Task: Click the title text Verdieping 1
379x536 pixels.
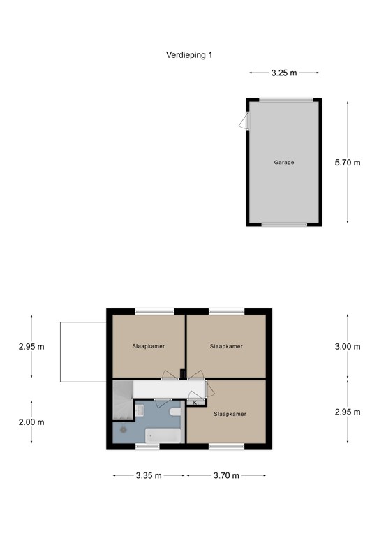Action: (189, 55)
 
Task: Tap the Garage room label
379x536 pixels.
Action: (283, 162)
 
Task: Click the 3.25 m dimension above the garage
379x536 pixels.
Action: (284, 72)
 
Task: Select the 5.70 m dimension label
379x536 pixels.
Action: (348, 163)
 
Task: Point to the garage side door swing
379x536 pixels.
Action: (243, 122)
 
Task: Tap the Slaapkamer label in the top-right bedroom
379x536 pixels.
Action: (226, 345)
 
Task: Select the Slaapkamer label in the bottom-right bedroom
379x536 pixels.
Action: (230, 413)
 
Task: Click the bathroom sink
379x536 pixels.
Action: (140, 410)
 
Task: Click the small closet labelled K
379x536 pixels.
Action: (195, 402)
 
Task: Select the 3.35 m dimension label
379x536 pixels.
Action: (147, 475)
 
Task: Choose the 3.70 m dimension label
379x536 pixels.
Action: (225, 475)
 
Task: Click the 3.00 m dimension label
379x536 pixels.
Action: (348, 346)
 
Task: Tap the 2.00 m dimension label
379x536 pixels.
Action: (31, 422)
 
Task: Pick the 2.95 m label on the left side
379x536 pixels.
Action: (31, 346)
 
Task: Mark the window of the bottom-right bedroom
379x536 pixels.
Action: (227, 446)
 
